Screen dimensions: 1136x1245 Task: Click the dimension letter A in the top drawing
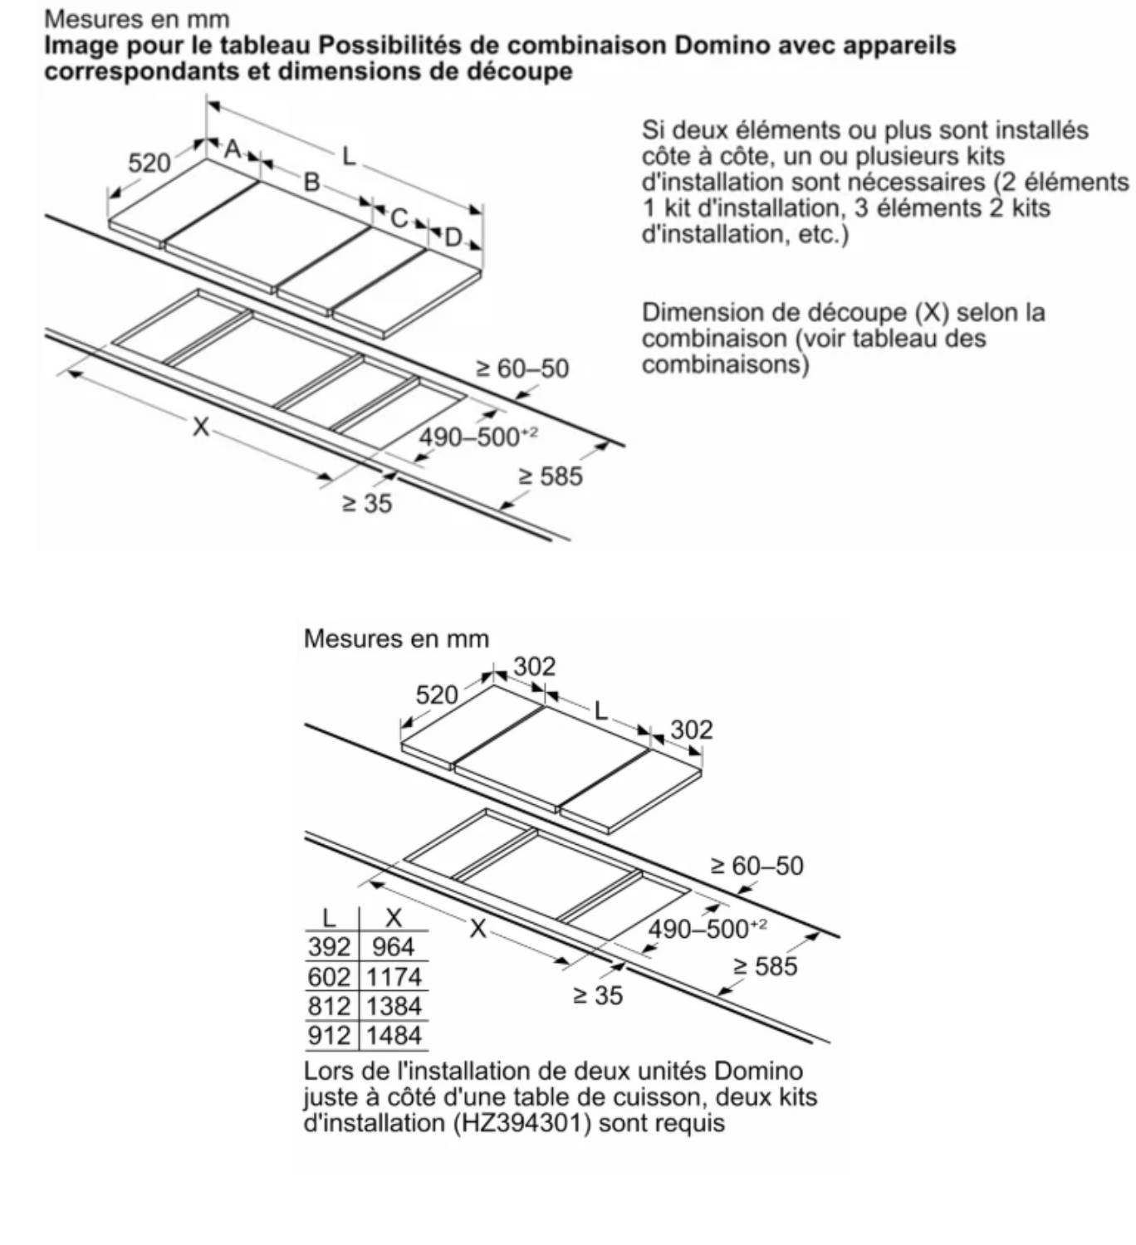pyautogui.click(x=233, y=149)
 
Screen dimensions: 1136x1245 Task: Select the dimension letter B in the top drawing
pyautogui.click(x=311, y=182)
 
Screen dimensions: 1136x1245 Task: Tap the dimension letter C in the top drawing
pyautogui.click(x=399, y=217)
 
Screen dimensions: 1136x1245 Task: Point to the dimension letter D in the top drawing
pyautogui.click(x=453, y=237)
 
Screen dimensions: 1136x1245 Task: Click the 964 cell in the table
pyautogui.click(x=393, y=947)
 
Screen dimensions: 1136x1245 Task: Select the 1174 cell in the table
pyautogui.click(x=394, y=977)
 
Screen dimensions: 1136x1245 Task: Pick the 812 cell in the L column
pyautogui.click(x=329, y=1006)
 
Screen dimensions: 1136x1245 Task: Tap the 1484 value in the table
pyautogui.click(x=394, y=1035)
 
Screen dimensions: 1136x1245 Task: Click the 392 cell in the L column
pyautogui.click(x=329, y=947)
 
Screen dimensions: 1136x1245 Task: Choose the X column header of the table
pyautogui.click(x=394, y=918)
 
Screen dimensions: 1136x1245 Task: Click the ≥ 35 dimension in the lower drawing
pyautogui.click(x=598, y=995)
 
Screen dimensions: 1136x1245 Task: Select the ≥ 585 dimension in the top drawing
pyautogui.click(x=551, y=476)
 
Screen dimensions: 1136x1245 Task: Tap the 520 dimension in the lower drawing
pyautogui.click(x=437, y=695)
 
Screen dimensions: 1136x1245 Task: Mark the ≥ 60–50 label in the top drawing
pyautogui.click(x=522, y=369)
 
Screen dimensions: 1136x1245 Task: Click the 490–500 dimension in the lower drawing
pyautogui.click(x=708, y=929)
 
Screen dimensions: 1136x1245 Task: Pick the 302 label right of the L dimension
pyautogui.click(x=691, y=730)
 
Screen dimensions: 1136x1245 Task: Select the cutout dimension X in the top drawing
pyautogui.click(x=201, y=427)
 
